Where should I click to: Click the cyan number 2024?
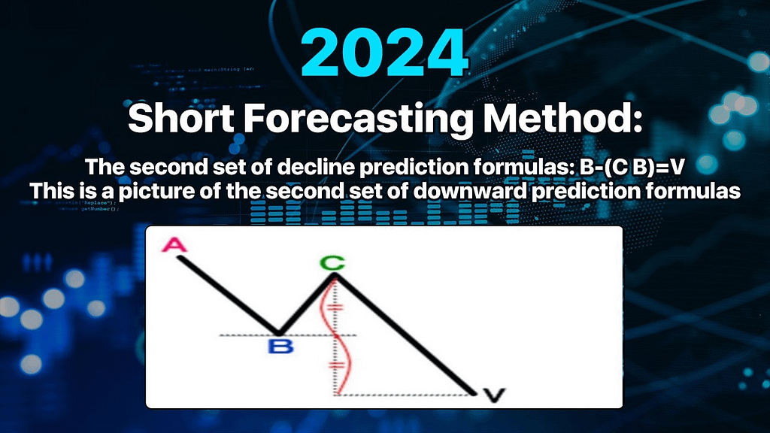point(385,53)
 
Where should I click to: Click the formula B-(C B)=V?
point(632,168)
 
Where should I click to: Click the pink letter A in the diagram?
point(174,244)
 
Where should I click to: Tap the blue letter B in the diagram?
point(281,346)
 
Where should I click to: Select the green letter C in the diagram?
point(332,264)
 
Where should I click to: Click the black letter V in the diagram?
point(494,395)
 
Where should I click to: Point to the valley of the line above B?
point(278,334)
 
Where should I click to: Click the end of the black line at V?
point(474,392)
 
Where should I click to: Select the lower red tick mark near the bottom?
point(336,366)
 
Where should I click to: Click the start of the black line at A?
point(179,259)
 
